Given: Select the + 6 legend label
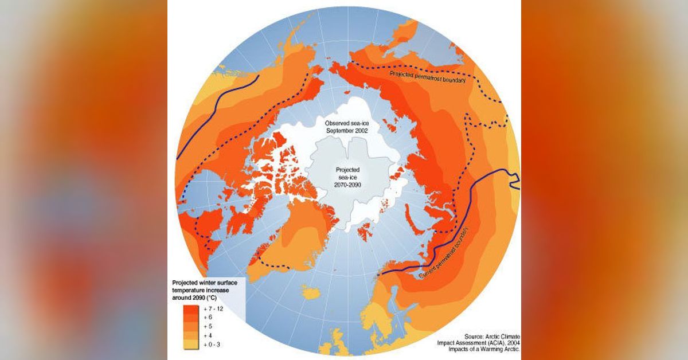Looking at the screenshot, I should coord(207,317).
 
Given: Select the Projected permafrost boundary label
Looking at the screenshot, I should coord(427,77).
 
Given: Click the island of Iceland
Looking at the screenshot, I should coord(311,293).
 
